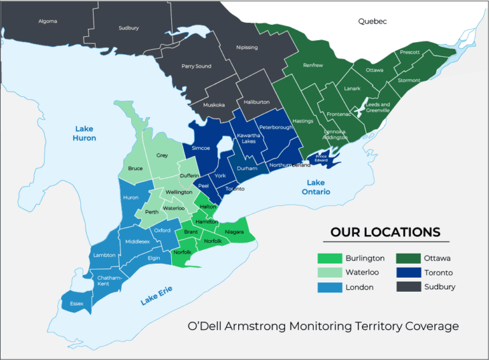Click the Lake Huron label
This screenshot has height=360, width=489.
[84, 133]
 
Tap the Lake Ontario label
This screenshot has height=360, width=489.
[315, 187]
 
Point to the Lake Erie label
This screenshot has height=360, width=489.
[157, 296]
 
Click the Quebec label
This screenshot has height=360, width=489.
[372, 21]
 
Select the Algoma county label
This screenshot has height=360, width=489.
[47, 21]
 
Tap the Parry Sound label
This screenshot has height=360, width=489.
[196, 66]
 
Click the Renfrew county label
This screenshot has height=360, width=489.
[313, 65]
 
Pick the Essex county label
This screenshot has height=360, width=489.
[76, 304]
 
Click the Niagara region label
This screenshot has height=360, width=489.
[234, 232]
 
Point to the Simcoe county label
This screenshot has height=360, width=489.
[201, 147]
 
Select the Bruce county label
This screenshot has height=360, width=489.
[135, 169]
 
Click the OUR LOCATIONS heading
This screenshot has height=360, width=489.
[385, 232]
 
